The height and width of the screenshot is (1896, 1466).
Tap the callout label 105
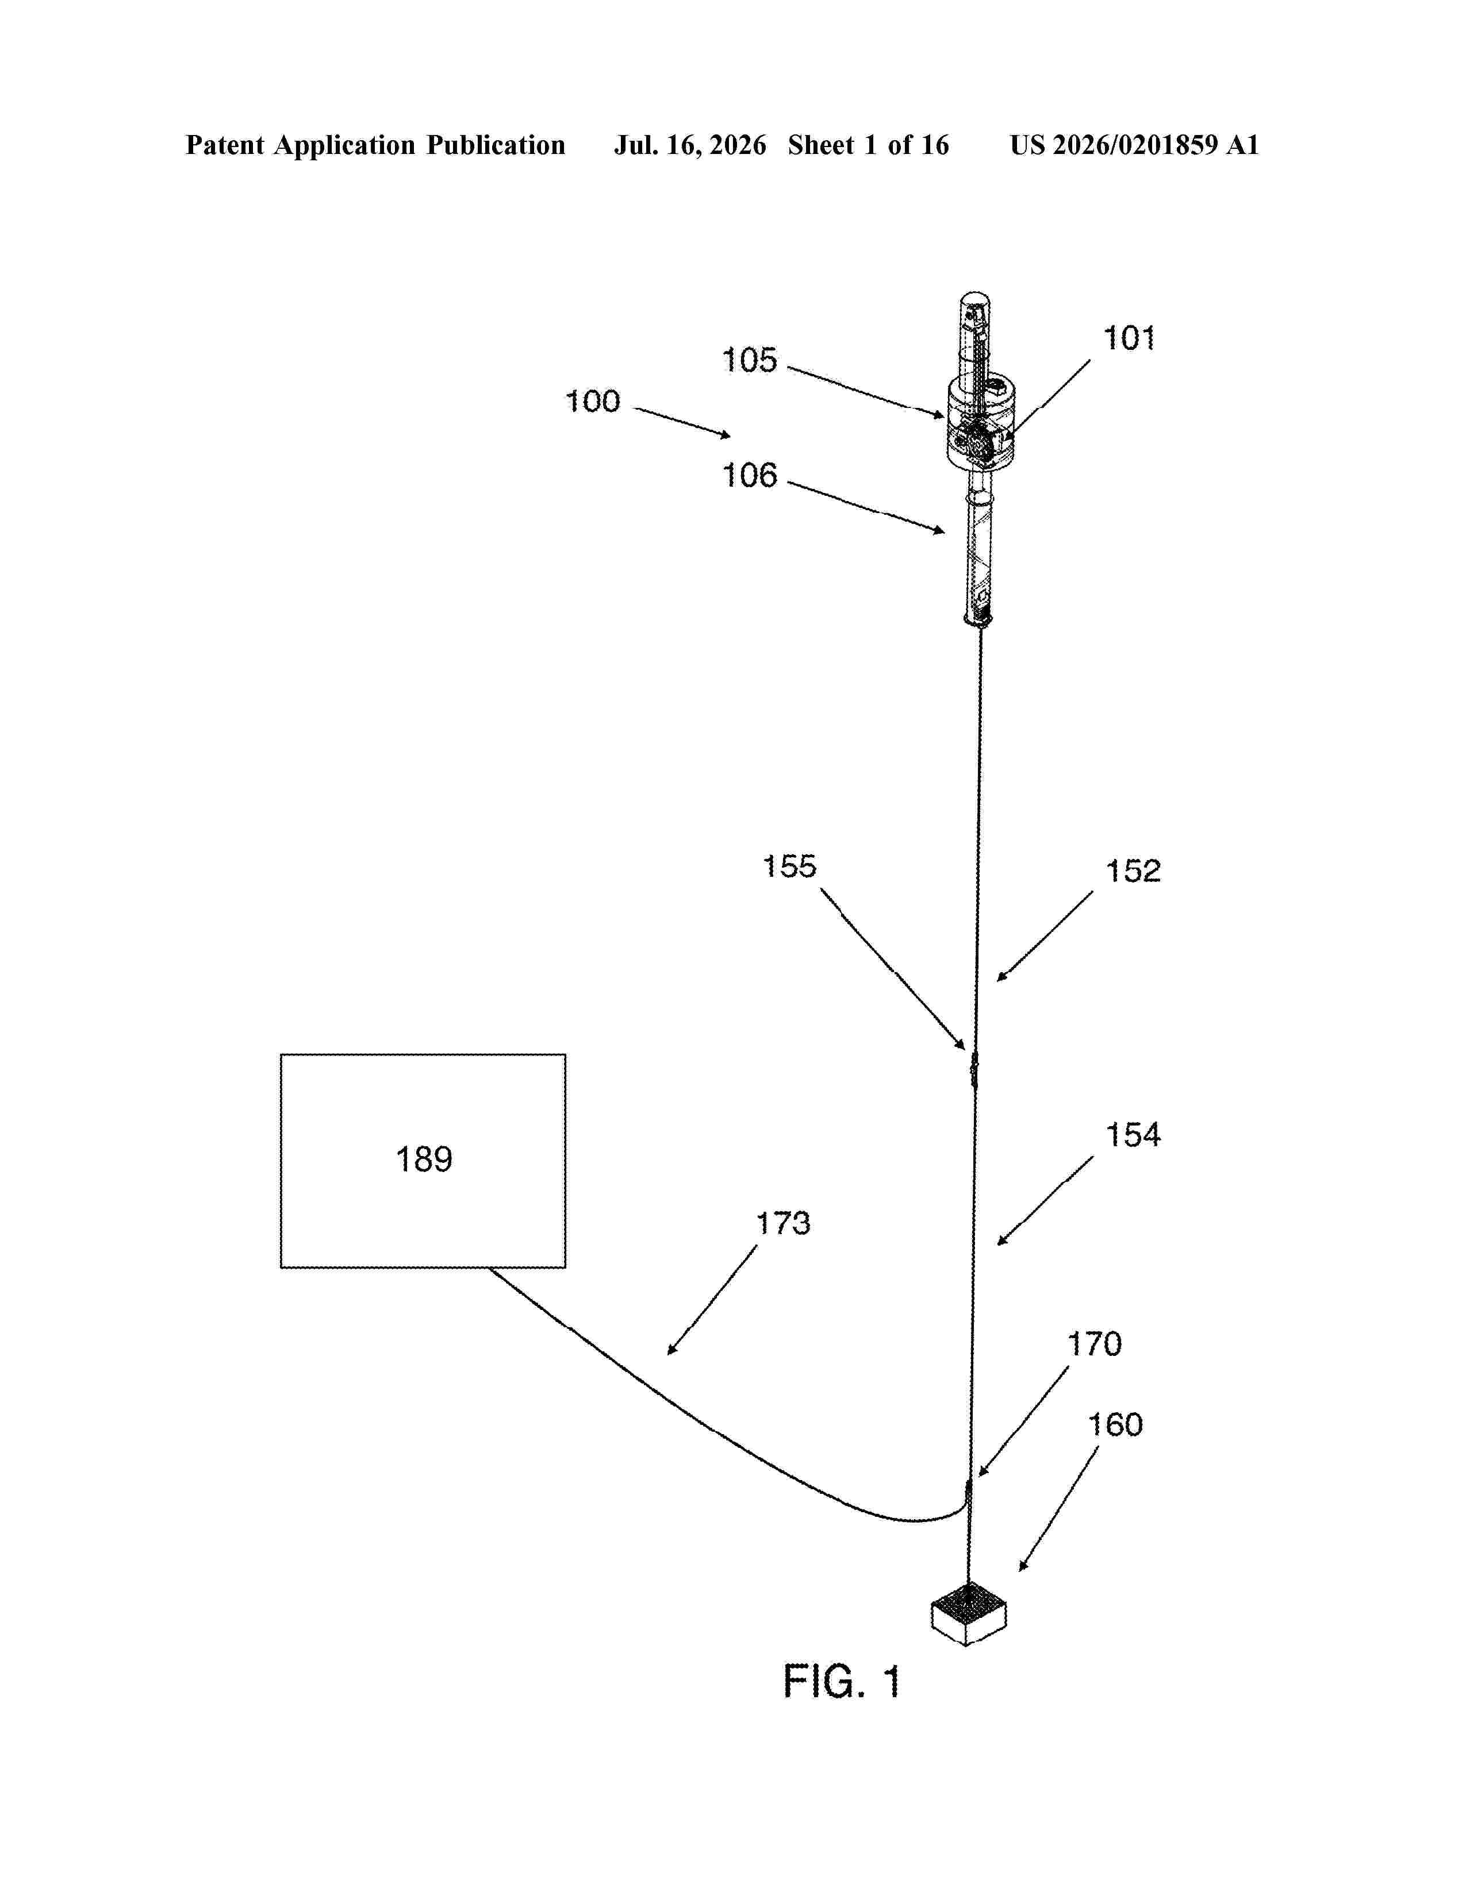(x=750, y=360)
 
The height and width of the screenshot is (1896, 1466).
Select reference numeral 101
(x=1129, y=338)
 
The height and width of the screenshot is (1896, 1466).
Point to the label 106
(x=750, y=476)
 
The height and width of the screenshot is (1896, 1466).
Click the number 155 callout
(x=789, y=866)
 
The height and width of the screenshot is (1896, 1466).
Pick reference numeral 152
(x=1133, y=872)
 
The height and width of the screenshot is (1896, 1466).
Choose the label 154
(x=1133, y=1135)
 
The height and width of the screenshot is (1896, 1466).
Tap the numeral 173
(x=784, y=1224)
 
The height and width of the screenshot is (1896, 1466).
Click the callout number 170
(x=1094, y=1345)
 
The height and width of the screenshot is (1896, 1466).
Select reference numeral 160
(x=1115, y=1425)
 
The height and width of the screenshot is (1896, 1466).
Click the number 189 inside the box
(x=424, y=1160)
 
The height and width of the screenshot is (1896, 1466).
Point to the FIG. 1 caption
(x=842, y=1682)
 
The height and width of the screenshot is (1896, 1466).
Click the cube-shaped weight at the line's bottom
(x=968, y=1613)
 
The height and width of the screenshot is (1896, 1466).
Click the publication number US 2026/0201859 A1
(x=1134, y=145)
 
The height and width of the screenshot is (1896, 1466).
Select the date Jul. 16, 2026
(x=690, y=145)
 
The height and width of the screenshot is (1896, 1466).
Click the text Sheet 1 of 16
(x=869, y=145)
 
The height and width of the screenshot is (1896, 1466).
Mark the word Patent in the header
(x=225, y=145)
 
